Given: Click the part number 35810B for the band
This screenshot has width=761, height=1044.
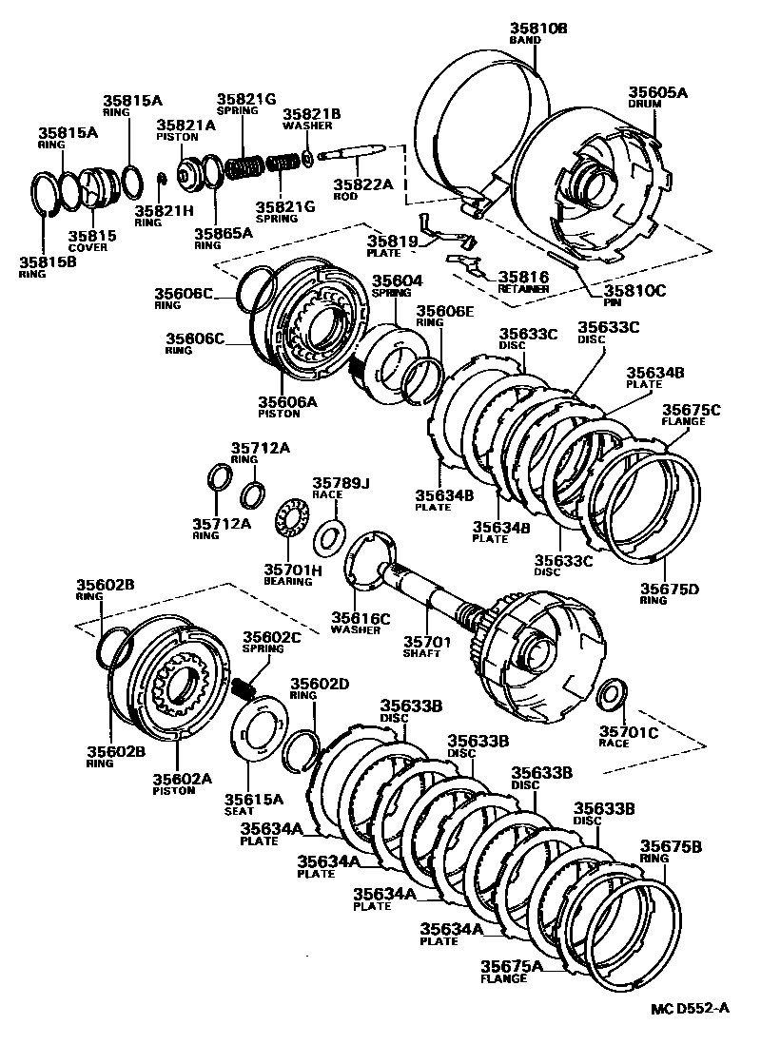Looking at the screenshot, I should pyautogui.click(x=537, y=29).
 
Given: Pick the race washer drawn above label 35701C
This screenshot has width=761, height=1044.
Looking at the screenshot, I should pyautogui.click(x=611, y=694).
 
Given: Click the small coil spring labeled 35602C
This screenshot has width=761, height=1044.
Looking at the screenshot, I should pyautogui.click(x=244, y=684).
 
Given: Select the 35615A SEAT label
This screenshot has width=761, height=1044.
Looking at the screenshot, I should pyautogui.click(x=252, y=804).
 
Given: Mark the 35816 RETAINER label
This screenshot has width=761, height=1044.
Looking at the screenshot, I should pyautogui.click(x=522, y=280).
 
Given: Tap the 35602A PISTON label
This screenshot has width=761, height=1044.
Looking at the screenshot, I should pyautogui.click(x=183, y=783).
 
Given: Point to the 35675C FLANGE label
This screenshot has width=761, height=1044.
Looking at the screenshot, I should pyautogui.click(x=690, y=415).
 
